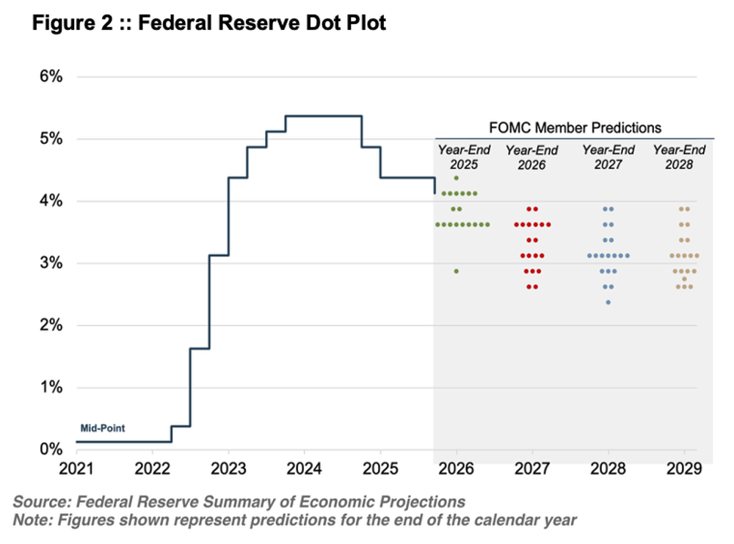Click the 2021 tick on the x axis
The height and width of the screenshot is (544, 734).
(76, 468)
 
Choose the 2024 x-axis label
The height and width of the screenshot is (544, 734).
(303, 468)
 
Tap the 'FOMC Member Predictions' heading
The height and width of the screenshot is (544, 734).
(575, 128)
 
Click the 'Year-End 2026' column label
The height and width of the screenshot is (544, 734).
(531, 157)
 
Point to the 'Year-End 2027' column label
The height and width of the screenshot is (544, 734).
(608, 157)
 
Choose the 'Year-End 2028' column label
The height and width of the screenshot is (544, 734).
(679, 157)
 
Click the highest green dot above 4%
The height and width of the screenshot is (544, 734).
(457, 178)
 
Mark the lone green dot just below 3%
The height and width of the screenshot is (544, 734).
(457, 271)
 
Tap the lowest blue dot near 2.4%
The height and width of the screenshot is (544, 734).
(608, 302)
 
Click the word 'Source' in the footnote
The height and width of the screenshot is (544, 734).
(35, 502)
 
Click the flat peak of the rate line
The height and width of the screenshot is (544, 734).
(323, 116)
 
